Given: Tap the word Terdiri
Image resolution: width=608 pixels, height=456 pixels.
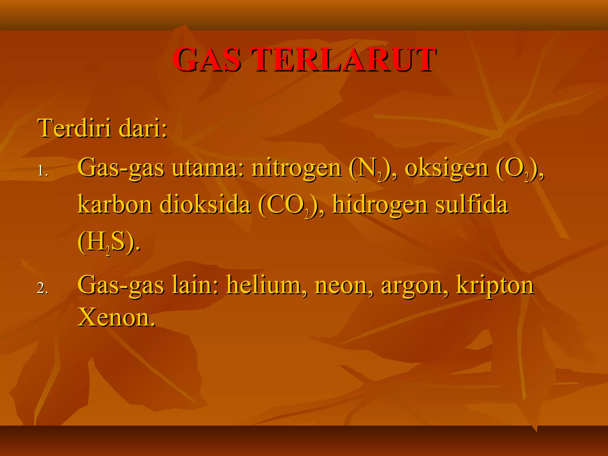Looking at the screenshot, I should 74,128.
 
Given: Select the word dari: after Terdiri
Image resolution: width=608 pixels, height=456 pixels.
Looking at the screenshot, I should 143,128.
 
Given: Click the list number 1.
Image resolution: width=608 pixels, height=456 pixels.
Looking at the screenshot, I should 43,171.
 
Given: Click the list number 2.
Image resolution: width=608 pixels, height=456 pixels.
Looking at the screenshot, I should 42,288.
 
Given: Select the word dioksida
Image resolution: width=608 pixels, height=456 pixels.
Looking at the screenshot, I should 205,205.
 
